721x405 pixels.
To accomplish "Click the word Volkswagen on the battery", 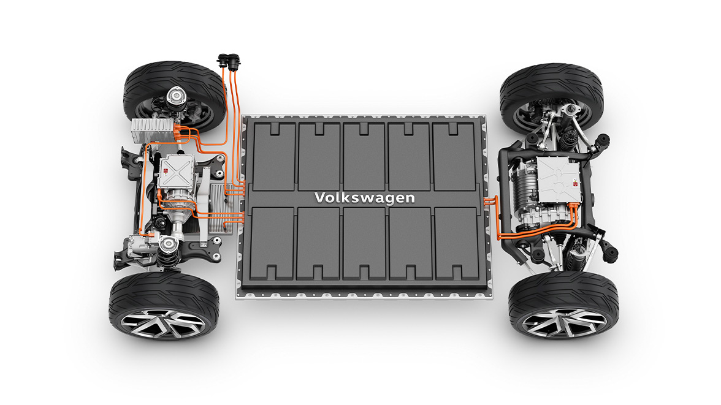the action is coord(365,198).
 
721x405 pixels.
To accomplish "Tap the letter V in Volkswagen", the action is coord(319,197).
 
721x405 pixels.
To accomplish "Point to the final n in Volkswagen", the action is coord(410,199).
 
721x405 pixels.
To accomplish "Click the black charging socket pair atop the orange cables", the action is coord(229,60).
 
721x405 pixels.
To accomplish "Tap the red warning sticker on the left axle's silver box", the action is coord(167,172).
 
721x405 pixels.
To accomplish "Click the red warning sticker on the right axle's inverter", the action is coord(575,184).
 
